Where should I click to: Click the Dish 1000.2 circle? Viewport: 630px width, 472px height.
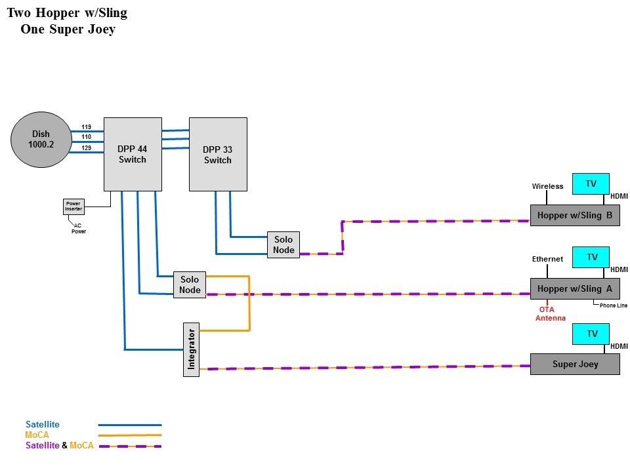coord(41,140)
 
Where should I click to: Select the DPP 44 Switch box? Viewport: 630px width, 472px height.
coord(133,154)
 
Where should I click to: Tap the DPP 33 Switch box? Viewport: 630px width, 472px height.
coord(218,154)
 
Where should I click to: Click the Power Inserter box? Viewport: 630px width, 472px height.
coord(73,206)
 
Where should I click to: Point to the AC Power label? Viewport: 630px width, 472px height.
coord(78,228)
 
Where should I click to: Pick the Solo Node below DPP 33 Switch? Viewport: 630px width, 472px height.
coord(283,245)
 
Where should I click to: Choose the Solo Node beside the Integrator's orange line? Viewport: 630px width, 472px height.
coord(190,285)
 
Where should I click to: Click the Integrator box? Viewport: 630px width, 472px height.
coord(191,350)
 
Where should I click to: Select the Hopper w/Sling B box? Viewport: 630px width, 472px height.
coord(575,215)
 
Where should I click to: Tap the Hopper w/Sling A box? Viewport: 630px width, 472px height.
coord(575,288)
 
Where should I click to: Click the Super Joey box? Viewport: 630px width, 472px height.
coord(575,364)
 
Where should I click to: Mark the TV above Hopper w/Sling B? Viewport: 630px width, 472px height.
coord(591,184)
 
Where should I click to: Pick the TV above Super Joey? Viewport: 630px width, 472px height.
coord(591,334)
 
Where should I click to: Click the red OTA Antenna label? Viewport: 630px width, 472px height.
coord(551,313)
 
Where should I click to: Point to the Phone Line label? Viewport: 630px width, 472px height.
coord(614,305)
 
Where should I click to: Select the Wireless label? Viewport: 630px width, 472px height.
coord(547,186)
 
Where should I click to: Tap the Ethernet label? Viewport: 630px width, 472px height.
coord(547,259)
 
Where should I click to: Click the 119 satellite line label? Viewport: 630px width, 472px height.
coord(87,127)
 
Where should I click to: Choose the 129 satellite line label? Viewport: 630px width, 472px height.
coord(87,148)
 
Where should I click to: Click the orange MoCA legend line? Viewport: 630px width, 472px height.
coord(129,435)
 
